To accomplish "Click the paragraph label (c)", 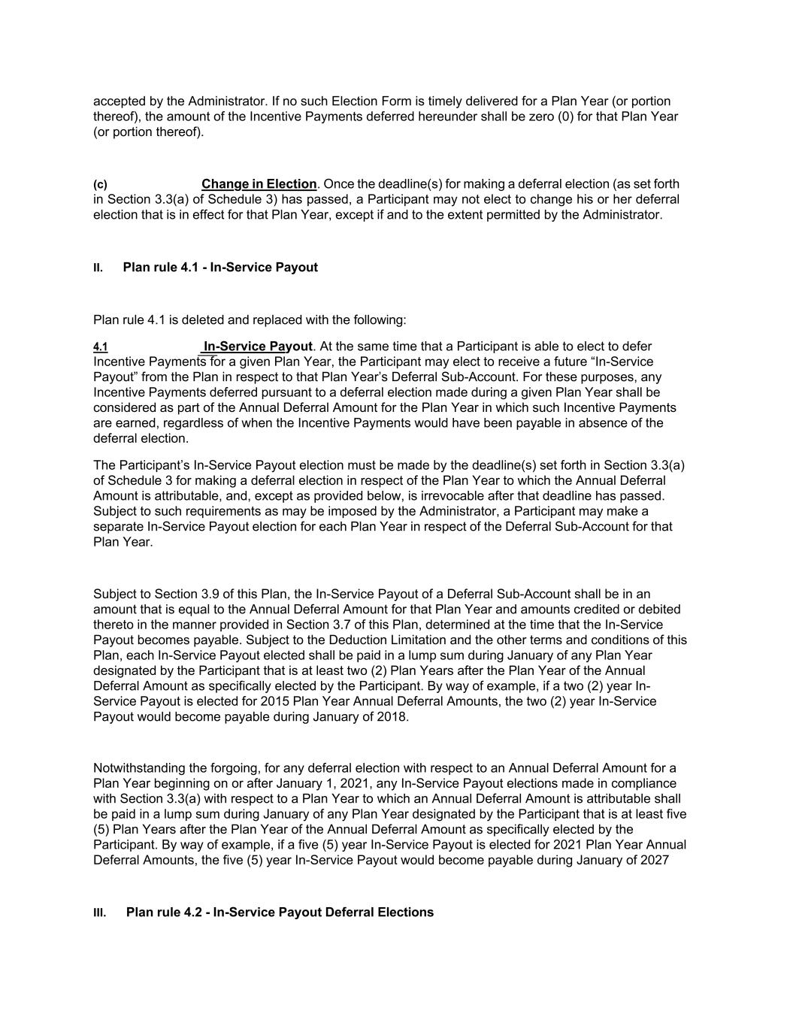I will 100,185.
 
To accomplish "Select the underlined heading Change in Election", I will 259,184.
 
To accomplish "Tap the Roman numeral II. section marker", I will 98,268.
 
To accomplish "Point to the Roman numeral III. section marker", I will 99,913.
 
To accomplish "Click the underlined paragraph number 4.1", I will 100,347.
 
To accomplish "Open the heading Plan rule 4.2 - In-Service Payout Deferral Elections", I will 280,913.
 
